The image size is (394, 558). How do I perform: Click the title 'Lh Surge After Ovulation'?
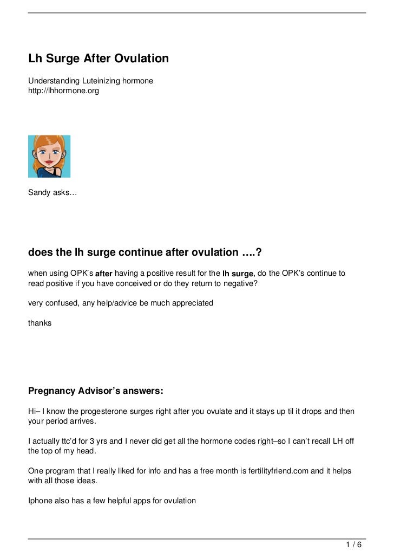[x=98, y=59]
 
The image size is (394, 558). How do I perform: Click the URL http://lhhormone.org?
[x=64, y=91]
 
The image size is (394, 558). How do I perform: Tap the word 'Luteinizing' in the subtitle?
[x=99, y=81]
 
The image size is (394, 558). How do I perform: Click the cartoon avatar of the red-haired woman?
[x=49, y=156]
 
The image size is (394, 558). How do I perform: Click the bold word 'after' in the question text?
[x=104, y=274]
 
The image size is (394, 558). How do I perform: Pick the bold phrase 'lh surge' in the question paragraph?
[x=238, y=274]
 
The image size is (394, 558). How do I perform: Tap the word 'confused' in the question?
[x=62, y=303]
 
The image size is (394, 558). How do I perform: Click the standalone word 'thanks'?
[x=40, y=323]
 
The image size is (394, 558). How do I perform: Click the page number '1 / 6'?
[x=354, y=544]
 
